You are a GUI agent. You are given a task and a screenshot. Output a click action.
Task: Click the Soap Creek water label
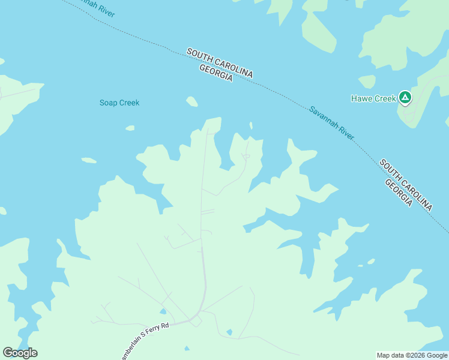click(119, 103)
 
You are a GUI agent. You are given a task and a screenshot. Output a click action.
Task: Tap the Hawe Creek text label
click(373, 98)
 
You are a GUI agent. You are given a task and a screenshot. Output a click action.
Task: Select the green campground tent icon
click(405, 97)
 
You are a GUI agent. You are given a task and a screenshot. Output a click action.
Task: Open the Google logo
click(20, 353)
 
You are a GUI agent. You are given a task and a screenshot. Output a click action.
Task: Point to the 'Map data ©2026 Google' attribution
click(412, 355)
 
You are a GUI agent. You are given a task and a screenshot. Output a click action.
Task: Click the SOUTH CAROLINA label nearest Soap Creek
click(220, 62)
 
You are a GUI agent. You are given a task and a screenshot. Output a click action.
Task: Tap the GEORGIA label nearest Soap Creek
click(215, 73)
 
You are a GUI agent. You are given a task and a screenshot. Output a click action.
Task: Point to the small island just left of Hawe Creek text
click(367, 82)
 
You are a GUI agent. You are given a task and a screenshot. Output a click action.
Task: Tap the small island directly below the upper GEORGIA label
click(191, 101)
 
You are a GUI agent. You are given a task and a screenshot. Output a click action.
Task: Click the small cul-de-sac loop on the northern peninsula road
click(246, 157)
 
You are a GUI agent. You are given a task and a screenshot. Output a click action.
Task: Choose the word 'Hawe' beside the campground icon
click(361, 98)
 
